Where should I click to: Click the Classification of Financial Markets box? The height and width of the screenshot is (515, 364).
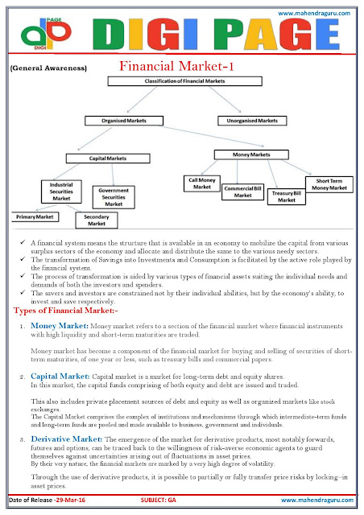183,84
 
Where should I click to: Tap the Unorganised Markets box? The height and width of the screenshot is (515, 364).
252,122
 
